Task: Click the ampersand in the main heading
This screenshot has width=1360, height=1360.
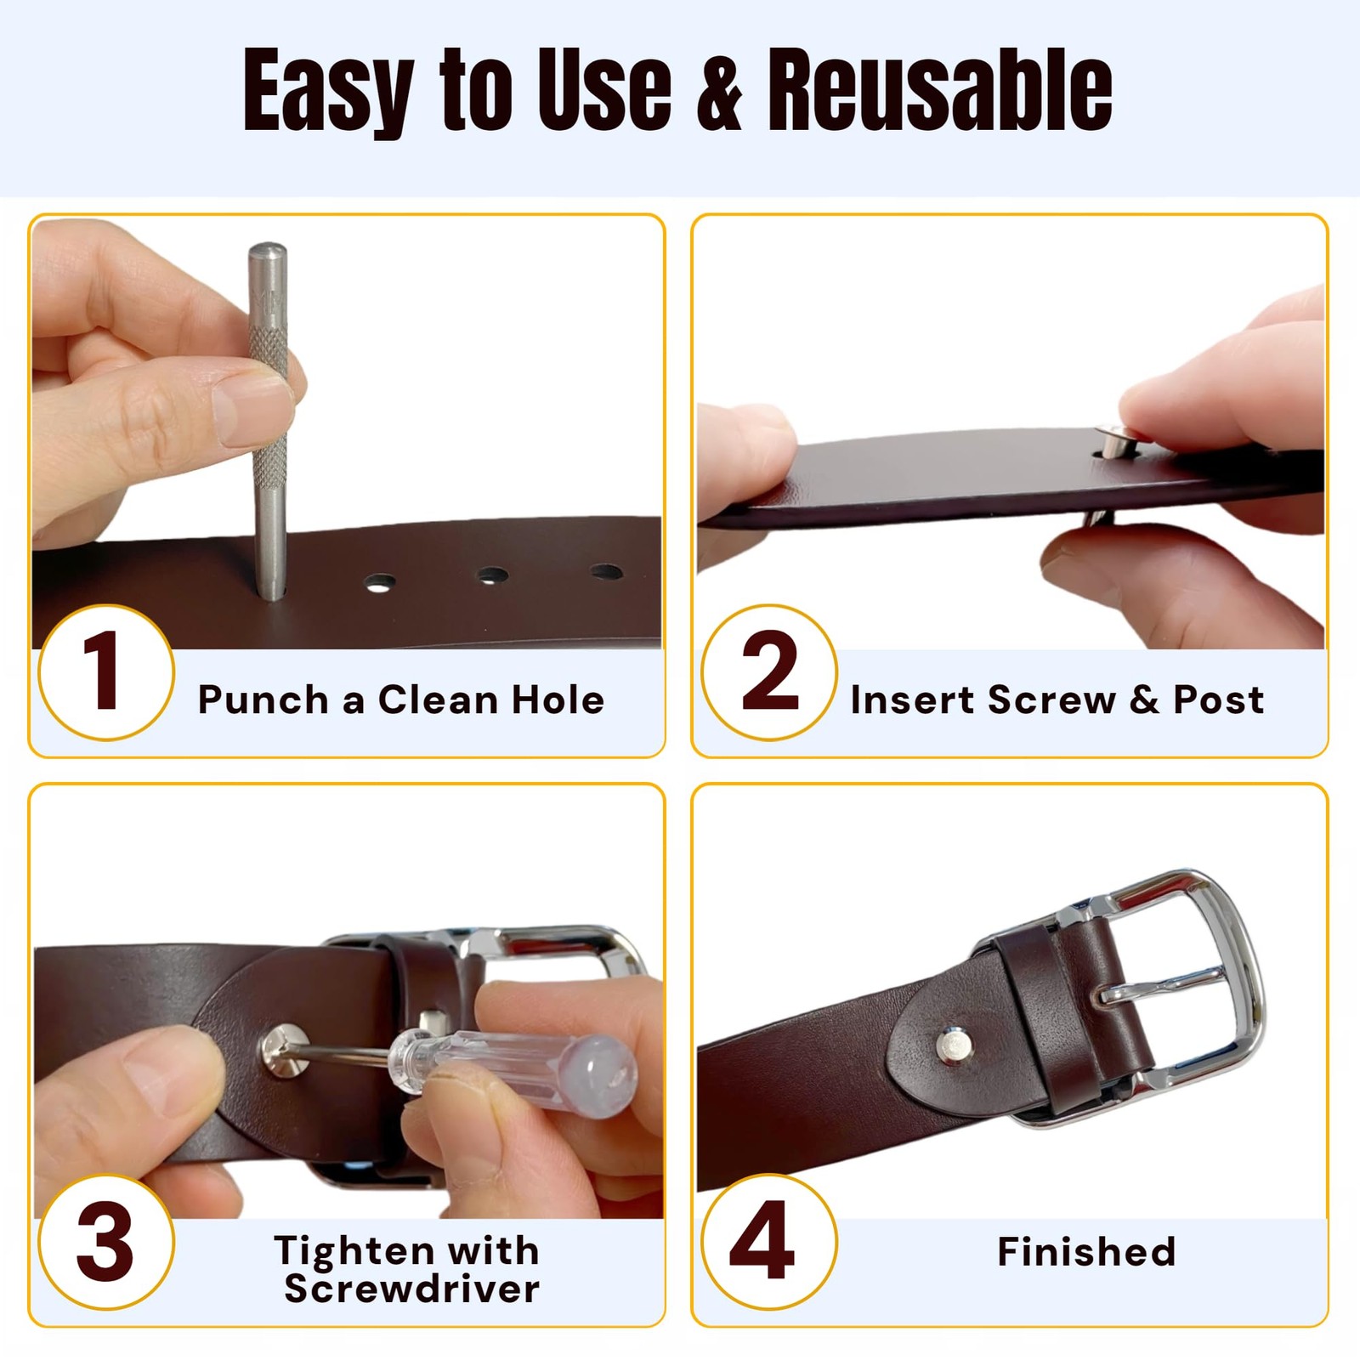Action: click(719, 90)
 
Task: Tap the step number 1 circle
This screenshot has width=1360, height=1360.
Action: click(106, 671)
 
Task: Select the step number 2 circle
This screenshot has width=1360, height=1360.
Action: click(769, 671)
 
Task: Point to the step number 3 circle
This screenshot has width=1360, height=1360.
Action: click(106, 1242)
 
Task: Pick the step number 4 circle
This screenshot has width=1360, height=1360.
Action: click(769, 1242)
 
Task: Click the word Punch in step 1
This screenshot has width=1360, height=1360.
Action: click(263, 700)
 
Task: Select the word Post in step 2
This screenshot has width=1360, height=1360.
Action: click(1219, 700)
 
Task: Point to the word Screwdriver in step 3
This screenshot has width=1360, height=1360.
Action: click(411, 1289)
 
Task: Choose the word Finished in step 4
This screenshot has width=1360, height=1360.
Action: click(1086, 1251)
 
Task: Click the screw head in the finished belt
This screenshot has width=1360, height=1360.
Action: click(955, 1045)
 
